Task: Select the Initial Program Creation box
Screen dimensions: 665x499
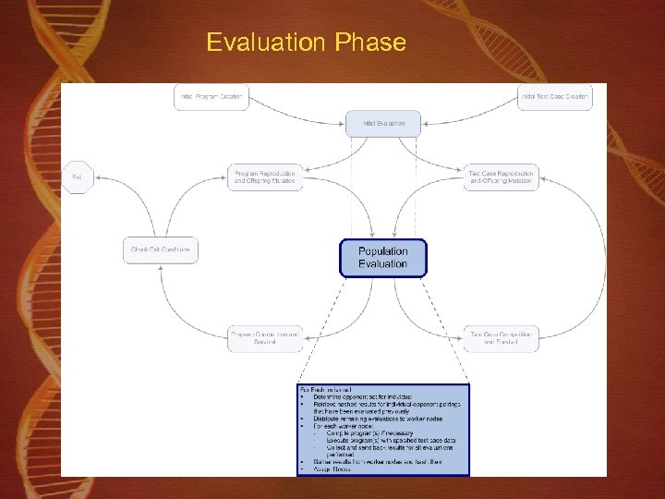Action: [212, 97]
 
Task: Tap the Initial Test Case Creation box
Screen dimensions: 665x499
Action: [553, 97]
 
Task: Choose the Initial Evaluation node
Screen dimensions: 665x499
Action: [382, 123]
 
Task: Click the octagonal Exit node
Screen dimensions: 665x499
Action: [77, 176]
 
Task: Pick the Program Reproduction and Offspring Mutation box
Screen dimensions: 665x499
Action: [265, 177]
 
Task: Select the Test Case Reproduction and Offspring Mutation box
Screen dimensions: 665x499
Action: [502, 177]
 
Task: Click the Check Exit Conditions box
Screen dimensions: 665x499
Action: [161, 249]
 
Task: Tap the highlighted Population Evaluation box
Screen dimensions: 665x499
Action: [382, 258]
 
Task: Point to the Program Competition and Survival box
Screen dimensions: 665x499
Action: [265, 337]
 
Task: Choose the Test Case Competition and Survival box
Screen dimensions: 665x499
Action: [502, 337]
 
